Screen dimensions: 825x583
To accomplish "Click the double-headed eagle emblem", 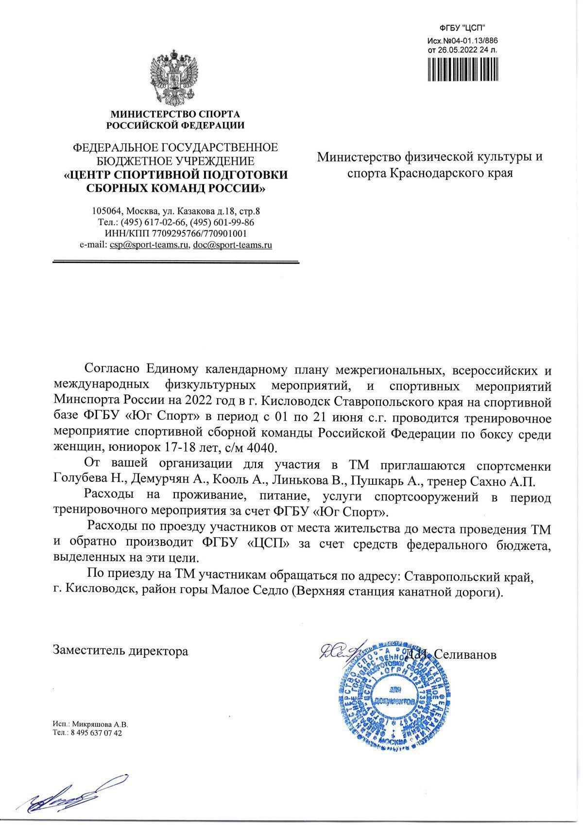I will click(175, 78).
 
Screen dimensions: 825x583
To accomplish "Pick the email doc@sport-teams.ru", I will click(232, 245).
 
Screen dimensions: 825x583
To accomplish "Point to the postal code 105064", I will click(108, 211).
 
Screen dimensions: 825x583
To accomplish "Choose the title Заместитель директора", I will click(120, 650).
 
